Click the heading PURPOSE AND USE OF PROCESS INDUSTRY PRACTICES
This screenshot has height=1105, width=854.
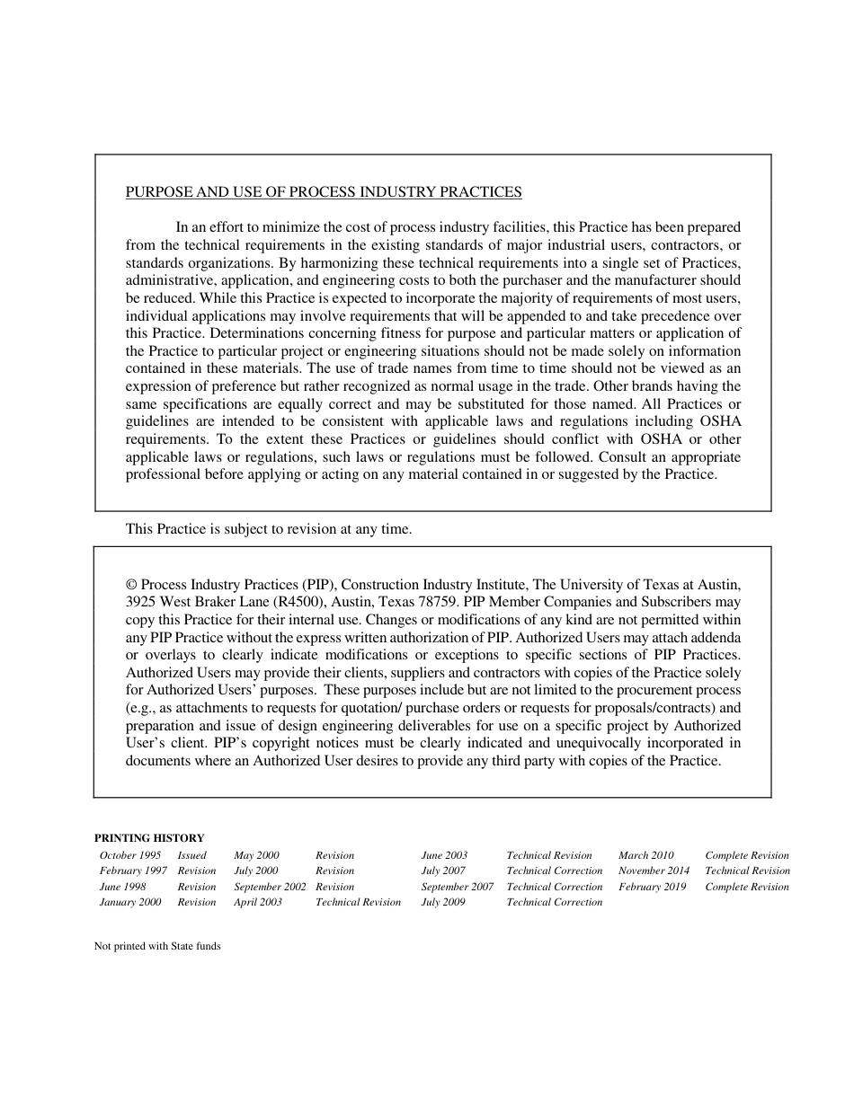[324, 192]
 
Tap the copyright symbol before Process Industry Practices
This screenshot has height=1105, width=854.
[131, 584]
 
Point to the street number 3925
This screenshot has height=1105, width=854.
[142, 602]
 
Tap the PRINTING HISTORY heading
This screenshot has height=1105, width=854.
[149, 838]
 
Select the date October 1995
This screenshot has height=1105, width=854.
[130, 855]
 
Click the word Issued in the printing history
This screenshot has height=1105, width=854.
[191, 855]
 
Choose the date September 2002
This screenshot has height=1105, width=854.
[270, 887]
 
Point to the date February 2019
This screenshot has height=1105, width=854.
[652, 887]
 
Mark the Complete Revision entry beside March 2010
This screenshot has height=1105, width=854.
[746, 855]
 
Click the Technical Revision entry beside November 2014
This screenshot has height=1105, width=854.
[747, 871]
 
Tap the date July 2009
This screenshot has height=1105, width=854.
[443, 902]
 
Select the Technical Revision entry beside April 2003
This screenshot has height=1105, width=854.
[358, 902]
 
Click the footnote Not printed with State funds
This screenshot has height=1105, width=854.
[157, 946]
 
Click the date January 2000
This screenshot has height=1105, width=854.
[130, 902]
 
